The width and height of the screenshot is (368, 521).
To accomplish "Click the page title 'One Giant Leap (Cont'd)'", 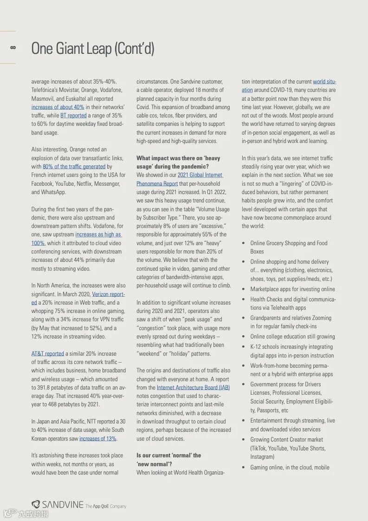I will click(93, 48).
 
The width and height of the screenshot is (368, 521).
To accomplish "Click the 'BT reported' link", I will click(73, 116).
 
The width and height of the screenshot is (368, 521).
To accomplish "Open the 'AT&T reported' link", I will click(47, 353).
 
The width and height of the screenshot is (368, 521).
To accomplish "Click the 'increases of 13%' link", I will click(97, 438).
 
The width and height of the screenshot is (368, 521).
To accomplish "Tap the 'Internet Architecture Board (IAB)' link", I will click(193, 387).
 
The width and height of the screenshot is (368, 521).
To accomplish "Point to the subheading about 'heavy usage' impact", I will click(178, 162).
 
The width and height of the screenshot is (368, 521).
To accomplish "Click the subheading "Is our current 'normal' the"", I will click(168, 455).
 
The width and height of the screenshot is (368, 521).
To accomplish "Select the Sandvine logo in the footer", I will click(58, 505).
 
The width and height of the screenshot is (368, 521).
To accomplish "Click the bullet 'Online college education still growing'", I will click(292, 337).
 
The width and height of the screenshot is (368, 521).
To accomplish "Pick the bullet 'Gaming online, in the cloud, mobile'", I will click(290, 468).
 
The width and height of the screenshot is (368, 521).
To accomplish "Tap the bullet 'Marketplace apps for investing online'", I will click(292, 289).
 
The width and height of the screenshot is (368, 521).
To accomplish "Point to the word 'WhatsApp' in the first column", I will click(54, 192).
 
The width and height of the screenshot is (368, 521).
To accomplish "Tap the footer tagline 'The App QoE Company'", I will click(106, 506).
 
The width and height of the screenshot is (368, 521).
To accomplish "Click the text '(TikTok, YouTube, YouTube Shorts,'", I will click(288, 448).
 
